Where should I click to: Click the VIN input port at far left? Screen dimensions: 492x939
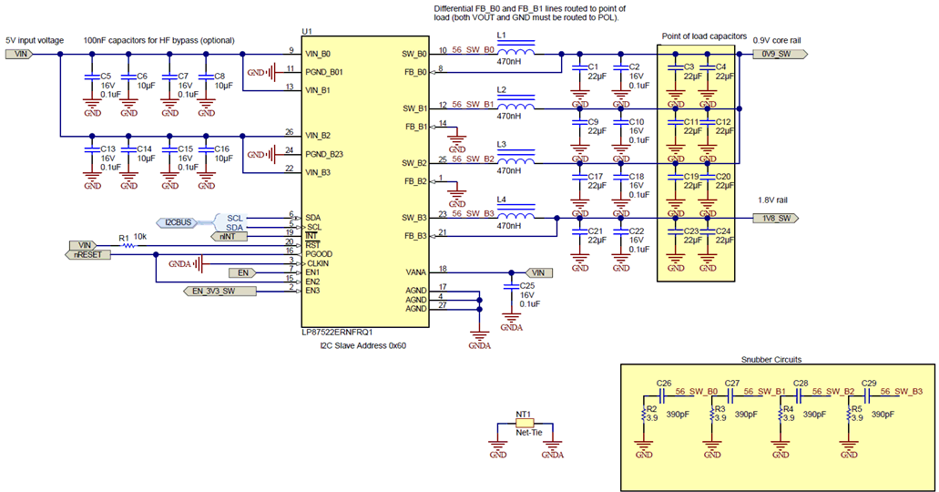[x=19, y=54]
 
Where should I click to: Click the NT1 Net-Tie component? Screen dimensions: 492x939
[x=524, y=425]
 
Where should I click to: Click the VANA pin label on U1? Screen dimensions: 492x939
[x=413, y=271]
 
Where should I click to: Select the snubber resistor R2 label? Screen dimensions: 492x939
[x=650, y=410]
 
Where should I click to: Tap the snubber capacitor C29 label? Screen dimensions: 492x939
[x=868, y=384]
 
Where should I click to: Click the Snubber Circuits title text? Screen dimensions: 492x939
[x=771, y=359]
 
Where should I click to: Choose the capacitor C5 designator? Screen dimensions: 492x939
[x=106, y=77]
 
